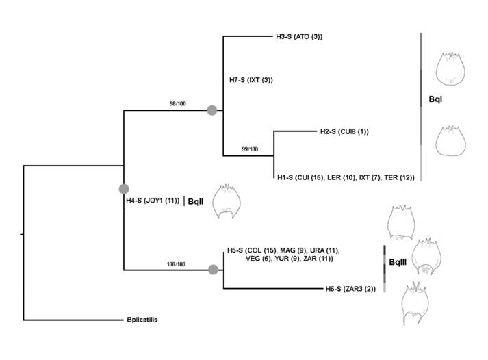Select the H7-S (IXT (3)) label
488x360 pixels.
(251, 80)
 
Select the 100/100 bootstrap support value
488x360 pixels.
(177, 263)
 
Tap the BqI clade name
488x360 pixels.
(435, 100)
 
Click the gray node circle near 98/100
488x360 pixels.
(212, 110)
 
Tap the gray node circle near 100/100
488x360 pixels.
(213, 270)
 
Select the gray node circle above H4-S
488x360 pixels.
(124, 189)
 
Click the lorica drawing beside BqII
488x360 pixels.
(227, 203)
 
